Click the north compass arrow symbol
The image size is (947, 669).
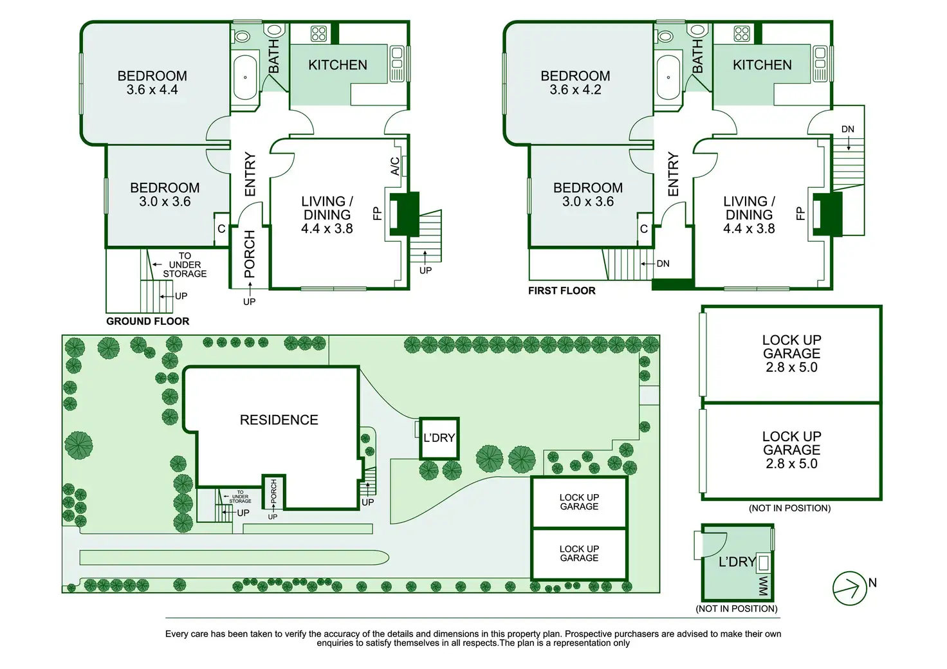click(849, 589)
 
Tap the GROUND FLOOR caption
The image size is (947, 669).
click(147, 321)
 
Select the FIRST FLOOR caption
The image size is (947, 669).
click(562, 291)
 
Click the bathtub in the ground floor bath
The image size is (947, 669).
click(244, 77)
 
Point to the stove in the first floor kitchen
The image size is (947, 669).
click(742, 33)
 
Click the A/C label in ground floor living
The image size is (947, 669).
click(394, 166)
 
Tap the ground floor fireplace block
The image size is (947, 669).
click(404, 214)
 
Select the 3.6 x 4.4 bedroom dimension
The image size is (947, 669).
click(152, 89)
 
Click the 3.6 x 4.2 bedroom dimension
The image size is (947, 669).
click(575, 89)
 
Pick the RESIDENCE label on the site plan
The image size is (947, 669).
click(279, 419)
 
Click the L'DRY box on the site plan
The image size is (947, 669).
click(439, 438)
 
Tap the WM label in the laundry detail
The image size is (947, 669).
click(764, 586)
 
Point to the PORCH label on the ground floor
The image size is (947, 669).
click(250, 254)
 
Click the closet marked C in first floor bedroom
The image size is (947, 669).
click(644, 229)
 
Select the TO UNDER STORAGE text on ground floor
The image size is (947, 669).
click(185, 264)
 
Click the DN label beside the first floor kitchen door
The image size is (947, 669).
click(848, 129)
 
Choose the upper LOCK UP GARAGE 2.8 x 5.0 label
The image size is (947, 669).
click(791, 353)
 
